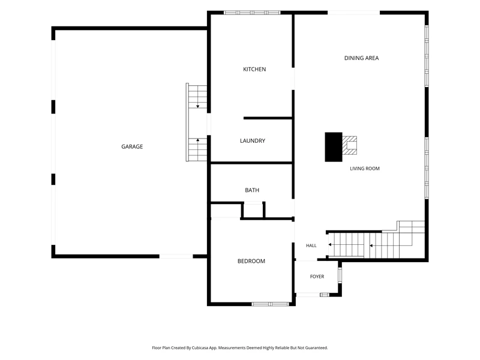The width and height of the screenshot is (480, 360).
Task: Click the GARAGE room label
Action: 132,146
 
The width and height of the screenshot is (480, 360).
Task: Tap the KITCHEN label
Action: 254,69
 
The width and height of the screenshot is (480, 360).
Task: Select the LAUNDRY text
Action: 253,141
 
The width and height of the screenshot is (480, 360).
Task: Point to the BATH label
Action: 252,190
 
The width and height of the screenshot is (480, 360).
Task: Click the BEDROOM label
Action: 251,261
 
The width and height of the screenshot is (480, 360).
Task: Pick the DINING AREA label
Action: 362,58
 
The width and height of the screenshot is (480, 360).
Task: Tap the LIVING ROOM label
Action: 365,169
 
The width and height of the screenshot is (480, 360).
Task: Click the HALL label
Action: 311,245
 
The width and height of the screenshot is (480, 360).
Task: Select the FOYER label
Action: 317,277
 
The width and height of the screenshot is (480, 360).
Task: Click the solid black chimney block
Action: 334,147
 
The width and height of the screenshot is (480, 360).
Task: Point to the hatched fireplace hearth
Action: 350,145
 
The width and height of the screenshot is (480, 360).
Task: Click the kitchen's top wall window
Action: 252,13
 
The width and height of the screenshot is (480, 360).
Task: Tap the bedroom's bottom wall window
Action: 271,304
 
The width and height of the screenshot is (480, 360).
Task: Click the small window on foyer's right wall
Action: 340,275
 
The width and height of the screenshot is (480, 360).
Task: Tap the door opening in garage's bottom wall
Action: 176,256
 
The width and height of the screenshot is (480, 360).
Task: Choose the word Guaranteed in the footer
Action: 317,348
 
